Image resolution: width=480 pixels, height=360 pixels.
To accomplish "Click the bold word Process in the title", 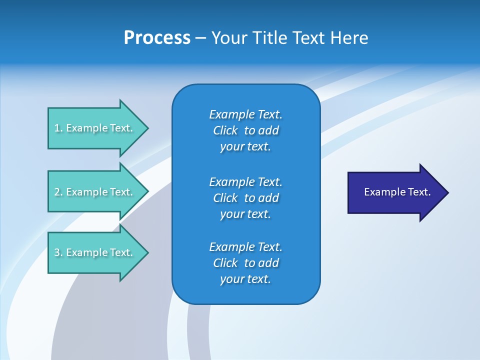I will coord(157,38).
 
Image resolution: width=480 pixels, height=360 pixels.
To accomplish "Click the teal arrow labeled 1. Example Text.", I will coord(95,128).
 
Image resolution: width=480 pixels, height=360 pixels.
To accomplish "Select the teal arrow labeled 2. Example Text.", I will coord(95,192).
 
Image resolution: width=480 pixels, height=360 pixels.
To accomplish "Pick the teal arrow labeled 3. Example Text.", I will coord(95,252).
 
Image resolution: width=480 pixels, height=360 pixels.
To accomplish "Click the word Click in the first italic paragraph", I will coord(225,130).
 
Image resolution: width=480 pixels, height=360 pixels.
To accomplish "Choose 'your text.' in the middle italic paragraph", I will coord(245,214).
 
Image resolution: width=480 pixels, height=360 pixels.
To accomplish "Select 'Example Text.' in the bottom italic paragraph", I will coord(245,247).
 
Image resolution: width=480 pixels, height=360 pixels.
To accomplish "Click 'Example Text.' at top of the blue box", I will coord(245,114).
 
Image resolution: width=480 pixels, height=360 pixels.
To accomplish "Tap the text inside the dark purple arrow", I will coord(397,192).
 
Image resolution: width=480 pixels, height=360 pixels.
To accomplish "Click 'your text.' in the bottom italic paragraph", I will coord(245,279).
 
